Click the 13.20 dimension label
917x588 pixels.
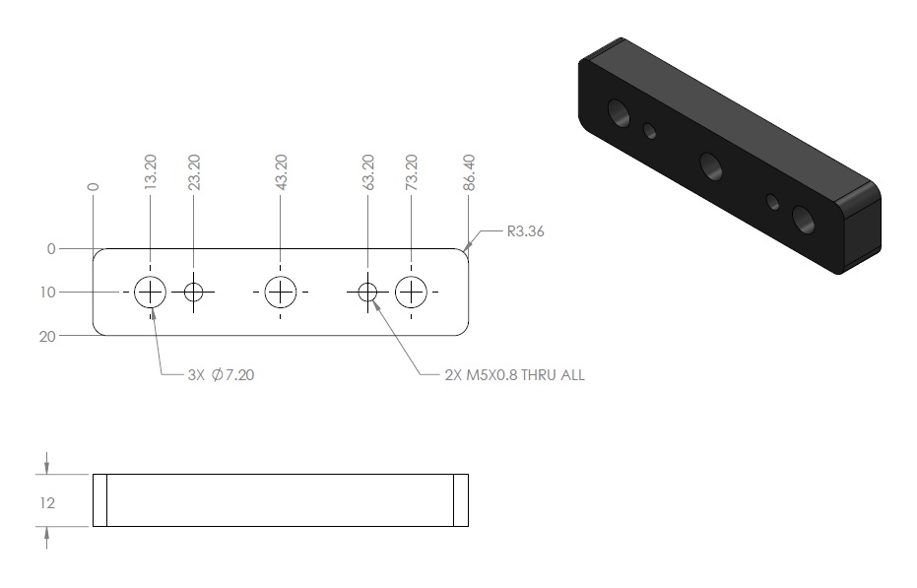(151, 171)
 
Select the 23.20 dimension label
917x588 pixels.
(194, 172)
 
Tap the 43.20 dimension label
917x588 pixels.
(281, 172)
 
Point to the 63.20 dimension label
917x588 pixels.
(367, 172)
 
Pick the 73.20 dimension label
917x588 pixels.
(411, 172)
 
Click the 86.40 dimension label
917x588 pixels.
(469, 172)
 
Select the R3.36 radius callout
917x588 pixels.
(525, 231)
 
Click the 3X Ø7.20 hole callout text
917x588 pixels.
(221, 374)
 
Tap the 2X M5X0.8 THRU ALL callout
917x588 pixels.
(514, 374)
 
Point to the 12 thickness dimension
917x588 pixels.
(47, 502)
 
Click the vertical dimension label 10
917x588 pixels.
(48, 292)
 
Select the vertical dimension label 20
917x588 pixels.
(47, 337)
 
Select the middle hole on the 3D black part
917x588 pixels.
(710, 166)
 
